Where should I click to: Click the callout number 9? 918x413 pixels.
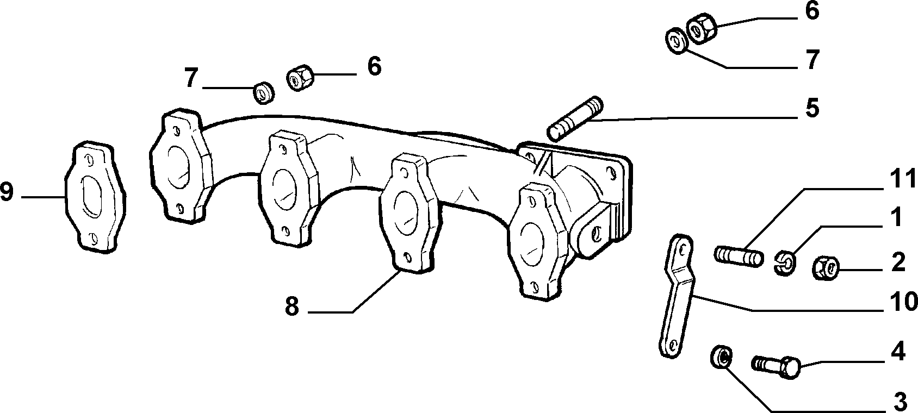point(7,192)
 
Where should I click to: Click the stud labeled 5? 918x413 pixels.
point(575,117)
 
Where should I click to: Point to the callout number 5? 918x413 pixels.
point(812,109)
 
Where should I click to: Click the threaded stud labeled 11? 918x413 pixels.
point(739,256)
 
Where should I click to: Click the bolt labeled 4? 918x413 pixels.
point(776,366)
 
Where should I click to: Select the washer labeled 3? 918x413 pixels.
point(721,356)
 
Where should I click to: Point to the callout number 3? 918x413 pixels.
point(900,402)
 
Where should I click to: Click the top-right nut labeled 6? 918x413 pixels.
point(702,29)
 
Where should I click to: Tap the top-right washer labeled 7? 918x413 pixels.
point(675,41)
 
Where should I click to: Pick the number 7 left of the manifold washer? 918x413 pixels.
point(191,78)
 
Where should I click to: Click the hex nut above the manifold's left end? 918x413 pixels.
point(300,77)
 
